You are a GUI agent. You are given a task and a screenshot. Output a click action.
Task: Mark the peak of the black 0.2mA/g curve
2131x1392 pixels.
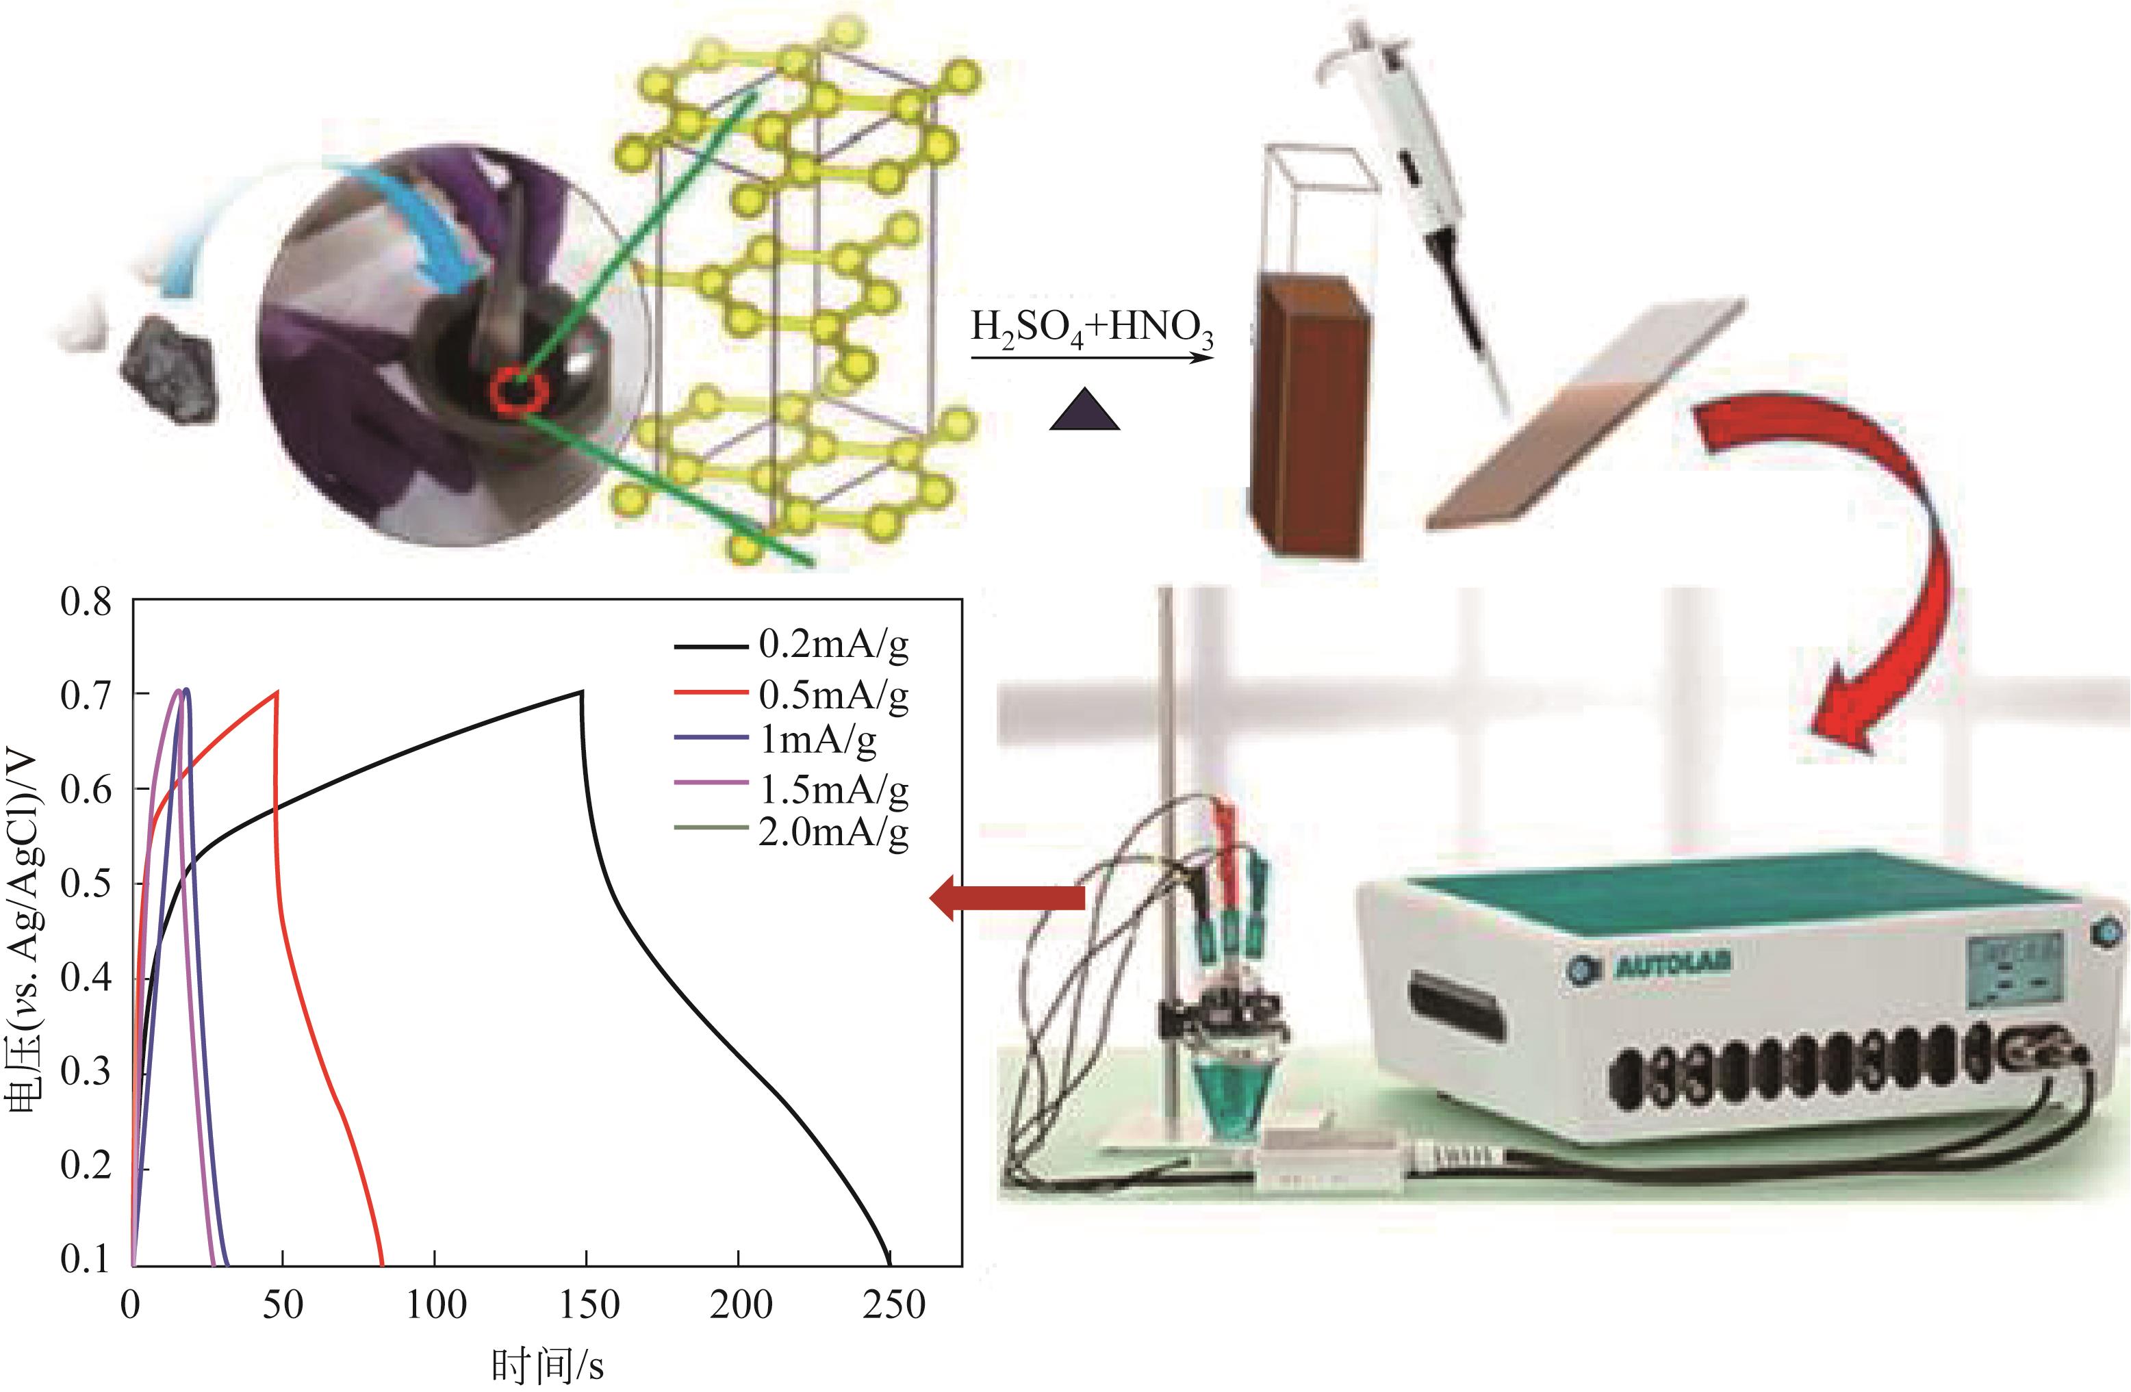tap(582, 691)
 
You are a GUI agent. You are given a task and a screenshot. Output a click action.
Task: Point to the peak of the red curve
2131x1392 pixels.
tap(277, 691)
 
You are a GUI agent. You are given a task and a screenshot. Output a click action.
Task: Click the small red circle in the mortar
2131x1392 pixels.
tap(518, 390)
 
